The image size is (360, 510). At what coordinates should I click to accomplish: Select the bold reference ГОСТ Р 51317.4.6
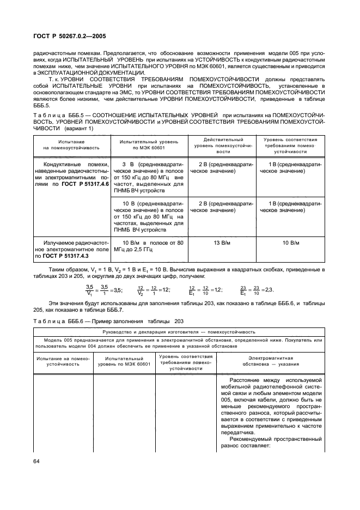(88, 185)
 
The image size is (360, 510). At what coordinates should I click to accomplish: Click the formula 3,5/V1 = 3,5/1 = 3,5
(104, 290)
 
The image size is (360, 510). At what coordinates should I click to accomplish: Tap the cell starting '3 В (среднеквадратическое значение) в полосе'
(149, 178)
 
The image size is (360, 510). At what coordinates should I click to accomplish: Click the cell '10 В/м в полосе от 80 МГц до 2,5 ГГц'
(149, 246)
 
